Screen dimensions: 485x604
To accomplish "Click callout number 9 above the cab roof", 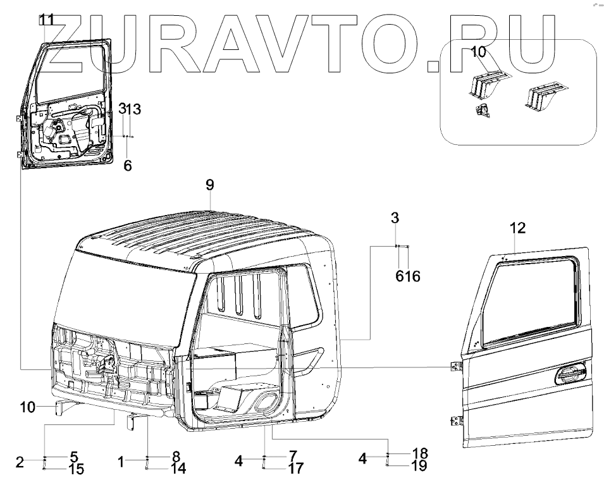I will pyautogui.click(x=210, y=185).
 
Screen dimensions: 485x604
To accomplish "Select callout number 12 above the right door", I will pyautogui.click(x=517, y=227).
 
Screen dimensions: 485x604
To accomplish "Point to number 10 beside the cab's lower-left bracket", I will pyautogui.click(x=27, y=407).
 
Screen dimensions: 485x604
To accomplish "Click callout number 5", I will pyautogui.click(x=74, y=455).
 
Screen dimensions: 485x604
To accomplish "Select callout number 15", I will pyautogui.click(x=75, y=469).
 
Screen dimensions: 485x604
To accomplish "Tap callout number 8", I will pyautogui.click(x=176, y=455).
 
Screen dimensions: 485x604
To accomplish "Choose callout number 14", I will pyautogui.click(x=178, y=469).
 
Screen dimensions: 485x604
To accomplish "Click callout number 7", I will pyautogui.click(x=293, y=455).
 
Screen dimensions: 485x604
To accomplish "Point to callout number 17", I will pyautogui.click(x=295, y=469).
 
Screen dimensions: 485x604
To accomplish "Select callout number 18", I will pyautogui.click(x=419, y=453).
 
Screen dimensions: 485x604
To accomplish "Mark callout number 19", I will pyautogui.click(x=419, y=466).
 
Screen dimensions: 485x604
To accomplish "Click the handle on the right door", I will pyautogui.click(x=567, y=378).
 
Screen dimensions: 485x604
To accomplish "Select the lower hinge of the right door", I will pyautogui.click(x=456, y=421).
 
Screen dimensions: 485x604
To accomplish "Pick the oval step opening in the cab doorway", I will pyautogui.click(x=266, y=401).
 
